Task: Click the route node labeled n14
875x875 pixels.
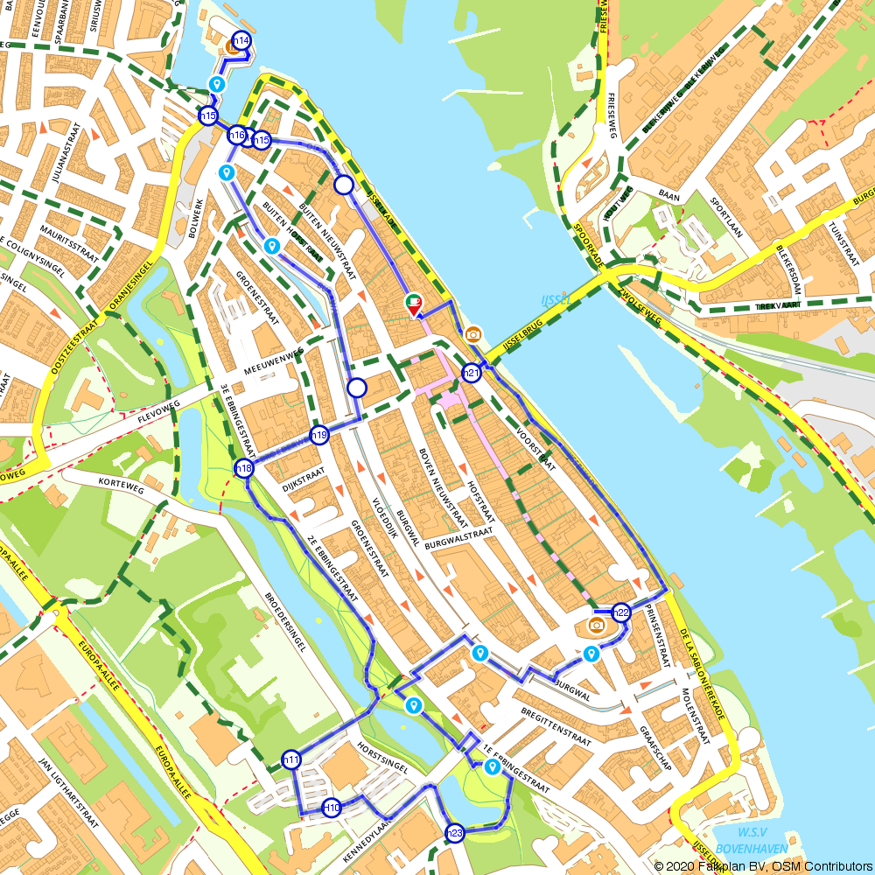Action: [x=242, y=40]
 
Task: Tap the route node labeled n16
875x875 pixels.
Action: [x=236, y=136]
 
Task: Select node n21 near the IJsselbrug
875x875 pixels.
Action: [x=472, y=374]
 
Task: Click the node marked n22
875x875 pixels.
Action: [x=622, y=612]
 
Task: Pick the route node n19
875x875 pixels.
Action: [x=319, y=435]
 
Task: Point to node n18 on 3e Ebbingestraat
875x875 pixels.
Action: [x=244, y=469]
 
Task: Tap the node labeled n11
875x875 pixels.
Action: [x=291, y=759]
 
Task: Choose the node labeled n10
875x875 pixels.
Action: [x=332, y=807]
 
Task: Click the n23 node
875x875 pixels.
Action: [x=455, y=834]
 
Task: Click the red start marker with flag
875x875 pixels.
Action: [x=414, y=306]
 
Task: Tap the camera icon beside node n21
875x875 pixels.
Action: [x=473, y=334]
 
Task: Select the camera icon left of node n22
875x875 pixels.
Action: [x=596, y=625]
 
